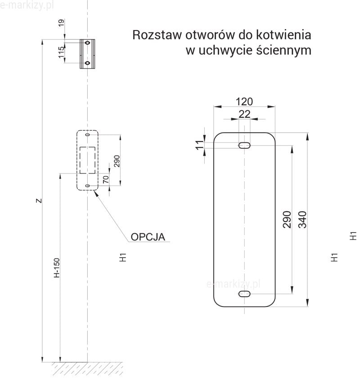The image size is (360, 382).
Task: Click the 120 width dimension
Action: coord(244,102)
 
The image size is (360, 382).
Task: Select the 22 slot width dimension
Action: coord(244,114)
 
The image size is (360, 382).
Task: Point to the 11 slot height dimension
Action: coord(200,145)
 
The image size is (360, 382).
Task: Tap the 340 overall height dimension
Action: coord(302,219)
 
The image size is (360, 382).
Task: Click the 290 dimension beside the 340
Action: coord(287,219)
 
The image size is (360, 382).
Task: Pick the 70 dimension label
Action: coord(106,180)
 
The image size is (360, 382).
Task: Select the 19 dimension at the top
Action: coord(62,22)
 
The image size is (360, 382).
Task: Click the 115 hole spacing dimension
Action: coord(62,53)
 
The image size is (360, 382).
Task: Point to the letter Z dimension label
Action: coord(39,201)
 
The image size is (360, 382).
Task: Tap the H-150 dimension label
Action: coord(57,268)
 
